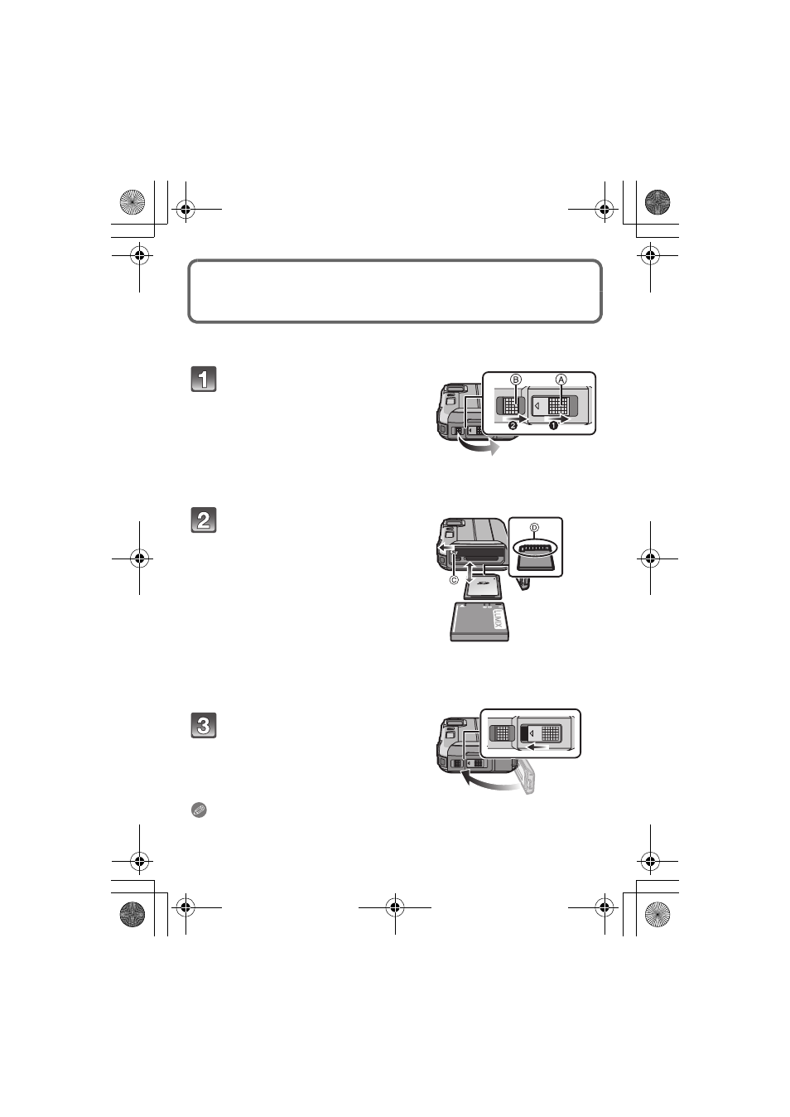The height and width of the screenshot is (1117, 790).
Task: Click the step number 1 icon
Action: coord(204,379)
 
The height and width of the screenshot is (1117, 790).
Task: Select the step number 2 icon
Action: coord(204,520)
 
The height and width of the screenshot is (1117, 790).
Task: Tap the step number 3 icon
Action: coord(204,725)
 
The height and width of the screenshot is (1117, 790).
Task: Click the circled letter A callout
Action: coord(561,380)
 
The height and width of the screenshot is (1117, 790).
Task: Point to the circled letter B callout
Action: coord(516,380)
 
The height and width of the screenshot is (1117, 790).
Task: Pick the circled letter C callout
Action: coord(454,580)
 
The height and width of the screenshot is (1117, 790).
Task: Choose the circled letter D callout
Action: coord(534,528)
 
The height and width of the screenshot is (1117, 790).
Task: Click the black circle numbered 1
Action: coord(552,426)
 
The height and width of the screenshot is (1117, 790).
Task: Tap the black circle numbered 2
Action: coord(513,426)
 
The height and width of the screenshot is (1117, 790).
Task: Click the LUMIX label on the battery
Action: coord(496,619)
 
